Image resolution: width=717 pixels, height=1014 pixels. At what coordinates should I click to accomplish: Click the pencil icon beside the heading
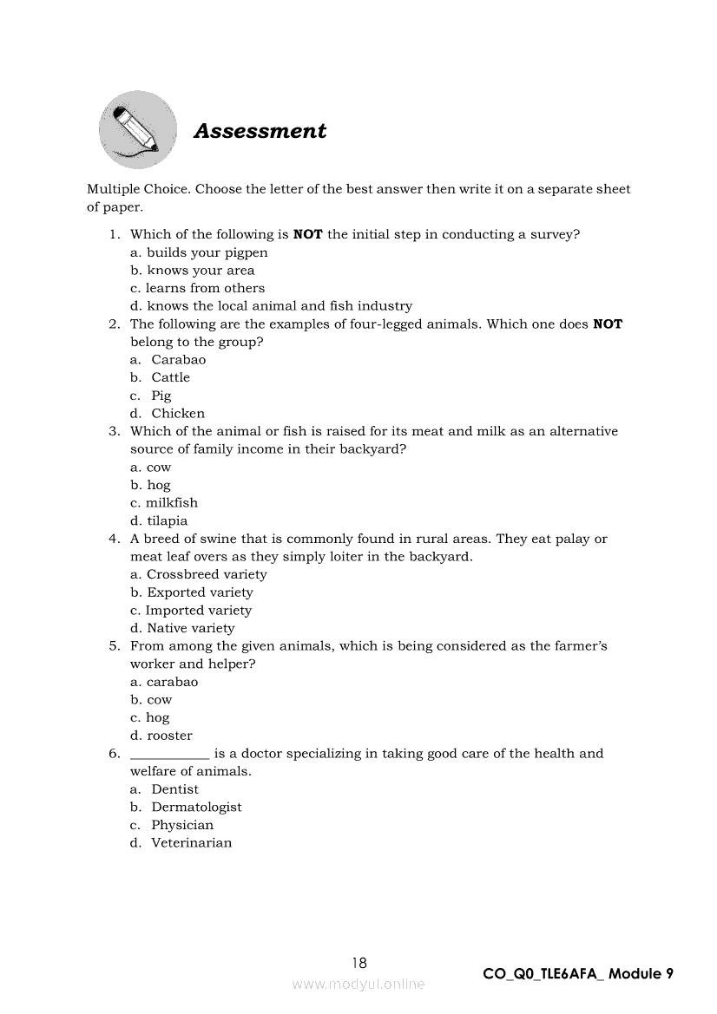137,130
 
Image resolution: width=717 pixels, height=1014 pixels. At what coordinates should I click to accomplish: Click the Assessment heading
260,131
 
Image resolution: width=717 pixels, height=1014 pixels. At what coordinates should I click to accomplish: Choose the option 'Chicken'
178,414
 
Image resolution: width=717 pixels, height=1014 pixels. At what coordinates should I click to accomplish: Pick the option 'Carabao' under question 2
178,360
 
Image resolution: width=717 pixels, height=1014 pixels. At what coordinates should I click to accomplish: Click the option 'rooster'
169,736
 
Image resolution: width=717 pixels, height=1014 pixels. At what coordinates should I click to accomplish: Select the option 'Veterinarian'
191,843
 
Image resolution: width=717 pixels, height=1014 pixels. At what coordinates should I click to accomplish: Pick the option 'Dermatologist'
196,807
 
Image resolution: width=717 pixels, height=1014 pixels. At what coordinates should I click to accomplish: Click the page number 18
359,963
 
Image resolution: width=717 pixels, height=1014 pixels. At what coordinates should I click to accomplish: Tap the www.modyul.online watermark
358,985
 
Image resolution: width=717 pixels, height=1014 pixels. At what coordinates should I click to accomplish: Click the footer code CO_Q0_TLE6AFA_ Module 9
578,974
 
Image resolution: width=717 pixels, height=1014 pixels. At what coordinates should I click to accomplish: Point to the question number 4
114,539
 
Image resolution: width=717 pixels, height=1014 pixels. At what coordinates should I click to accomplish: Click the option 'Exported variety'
200,592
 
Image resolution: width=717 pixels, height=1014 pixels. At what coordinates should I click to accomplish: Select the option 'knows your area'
201,271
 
